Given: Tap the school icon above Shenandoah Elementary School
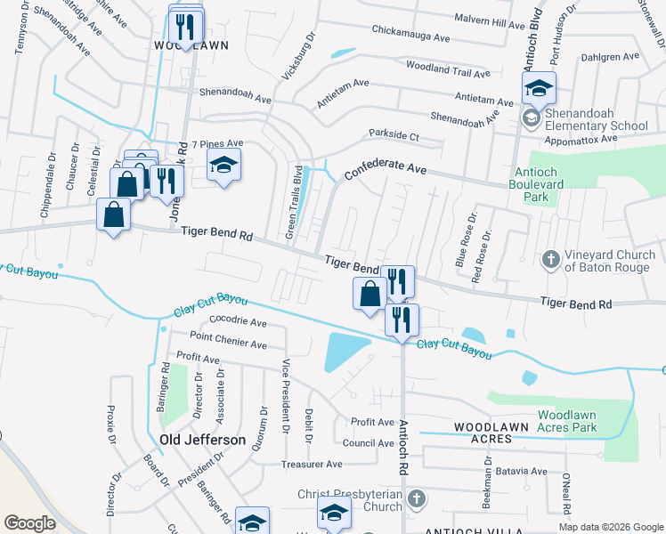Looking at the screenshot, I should point(539,88).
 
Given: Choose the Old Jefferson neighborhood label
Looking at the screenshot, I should point(202,440).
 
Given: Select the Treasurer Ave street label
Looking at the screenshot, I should point(311,465).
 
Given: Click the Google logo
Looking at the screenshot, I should point(30,522).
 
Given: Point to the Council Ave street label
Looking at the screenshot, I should point(368,443).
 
